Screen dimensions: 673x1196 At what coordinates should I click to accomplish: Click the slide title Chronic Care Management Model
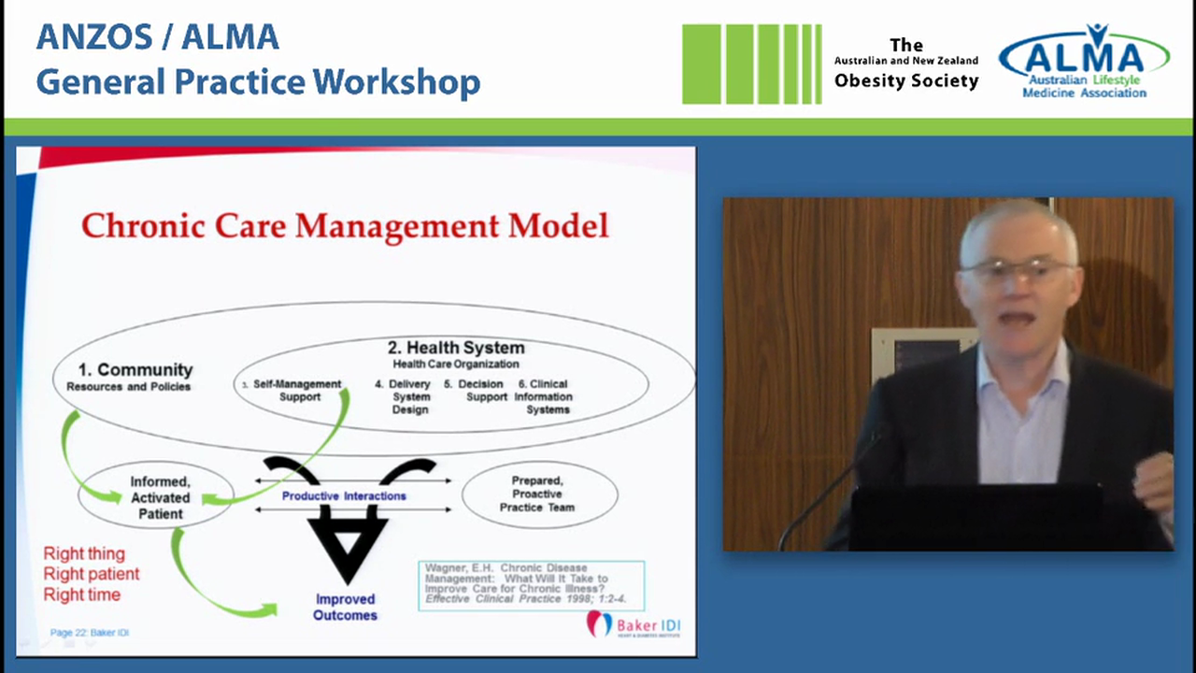coord(345,226)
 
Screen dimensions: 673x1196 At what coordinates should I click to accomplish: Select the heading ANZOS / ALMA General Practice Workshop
coord(258,60)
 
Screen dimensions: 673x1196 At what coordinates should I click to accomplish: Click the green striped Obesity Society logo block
coord(751,64)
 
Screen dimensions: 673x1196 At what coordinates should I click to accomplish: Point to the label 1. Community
coord(135,370)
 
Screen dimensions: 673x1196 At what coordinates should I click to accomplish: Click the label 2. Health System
coord(456,348)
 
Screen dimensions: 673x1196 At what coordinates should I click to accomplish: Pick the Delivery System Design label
coord(409,396)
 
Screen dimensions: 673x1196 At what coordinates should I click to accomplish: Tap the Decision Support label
coord(480,391)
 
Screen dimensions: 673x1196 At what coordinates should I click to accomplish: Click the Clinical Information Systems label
coord(547,396)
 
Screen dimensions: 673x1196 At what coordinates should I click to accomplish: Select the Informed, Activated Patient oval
coord(158,497)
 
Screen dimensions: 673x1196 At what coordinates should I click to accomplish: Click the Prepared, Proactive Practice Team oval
coord(538,494)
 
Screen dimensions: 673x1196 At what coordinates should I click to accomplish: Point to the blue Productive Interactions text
coord(344,495)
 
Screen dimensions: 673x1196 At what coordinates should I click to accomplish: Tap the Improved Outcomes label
coord(345,607)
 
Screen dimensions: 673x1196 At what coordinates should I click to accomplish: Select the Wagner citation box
coord(531,585)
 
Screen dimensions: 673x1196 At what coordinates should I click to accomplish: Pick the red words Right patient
coord(92,574)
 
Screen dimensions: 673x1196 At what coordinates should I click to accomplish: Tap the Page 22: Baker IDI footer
coord(90,633)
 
